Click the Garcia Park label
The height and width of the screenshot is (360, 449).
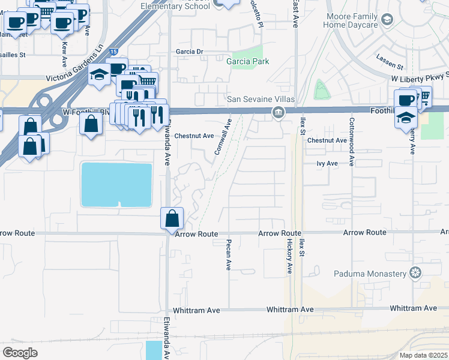[247, 61]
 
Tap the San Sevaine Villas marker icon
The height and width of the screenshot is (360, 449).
[278, 112]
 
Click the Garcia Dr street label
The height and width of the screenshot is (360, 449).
[190, 52]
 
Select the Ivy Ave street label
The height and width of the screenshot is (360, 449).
[328, 163]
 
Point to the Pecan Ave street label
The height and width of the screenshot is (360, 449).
[229, 255]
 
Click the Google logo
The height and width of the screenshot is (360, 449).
[20, 352]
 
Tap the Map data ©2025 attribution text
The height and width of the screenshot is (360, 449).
[423, 355]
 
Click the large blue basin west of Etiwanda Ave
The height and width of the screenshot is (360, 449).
[116, 184]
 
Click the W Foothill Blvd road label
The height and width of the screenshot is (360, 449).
[87, 112]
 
